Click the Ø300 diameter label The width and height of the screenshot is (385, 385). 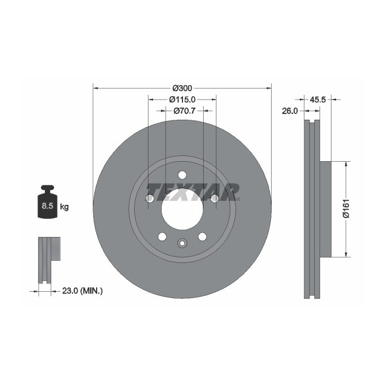[x=182, y=88]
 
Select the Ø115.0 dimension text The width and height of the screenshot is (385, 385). [x=182, y=99]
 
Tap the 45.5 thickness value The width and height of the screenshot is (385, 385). [x=318, y=100]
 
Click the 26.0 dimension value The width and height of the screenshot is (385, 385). [x=289, y=111]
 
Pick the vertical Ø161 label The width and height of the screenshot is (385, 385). [x=345, y=208]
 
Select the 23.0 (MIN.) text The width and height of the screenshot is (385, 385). [x=81, y=291]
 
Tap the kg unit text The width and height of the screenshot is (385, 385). [x=64, y=207]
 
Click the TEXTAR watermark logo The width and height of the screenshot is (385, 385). [x=192, y=190]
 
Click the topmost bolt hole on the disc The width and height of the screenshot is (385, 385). [x=182, y=175]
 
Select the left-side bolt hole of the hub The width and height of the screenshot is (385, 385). [x=150, y=199]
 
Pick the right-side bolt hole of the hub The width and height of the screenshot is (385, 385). [x=214, y=199]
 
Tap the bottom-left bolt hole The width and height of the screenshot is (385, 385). [x=162, y=237]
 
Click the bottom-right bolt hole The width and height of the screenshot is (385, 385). [x=202, y=237]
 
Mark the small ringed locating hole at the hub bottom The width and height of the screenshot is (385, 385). [x=182, y=243]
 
